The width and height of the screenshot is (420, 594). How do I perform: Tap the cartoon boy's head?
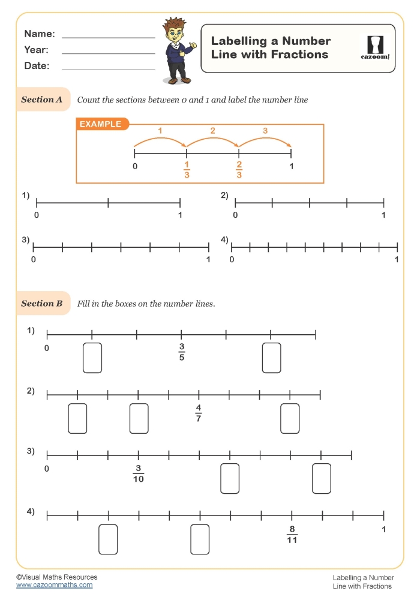pyautogui.click(x=175, y=31)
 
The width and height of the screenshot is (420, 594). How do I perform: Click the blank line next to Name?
pyautogui.click(x=109, y=37)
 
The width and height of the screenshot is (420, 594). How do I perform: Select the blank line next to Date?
pyautogui.click(x=109, y=70)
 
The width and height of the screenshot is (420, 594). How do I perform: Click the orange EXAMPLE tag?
pyautogui.click(x=100, y=124)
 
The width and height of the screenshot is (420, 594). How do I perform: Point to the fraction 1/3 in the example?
pyautogui.click(x=187, y=170)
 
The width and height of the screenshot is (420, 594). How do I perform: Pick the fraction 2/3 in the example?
pyautogui.click(x=239, y=170)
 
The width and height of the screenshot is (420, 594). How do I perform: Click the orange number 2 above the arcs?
pyautogui.click(x=212, y=131)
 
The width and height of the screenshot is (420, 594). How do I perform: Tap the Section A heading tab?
pyautogui.click(x=42, y=100)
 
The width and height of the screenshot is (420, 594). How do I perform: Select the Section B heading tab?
pyautogui.click(x=42, y=304)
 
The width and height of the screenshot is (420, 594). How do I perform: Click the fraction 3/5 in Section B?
pyautogui.click(x=181, y=352)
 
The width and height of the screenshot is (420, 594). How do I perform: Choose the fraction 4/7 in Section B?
pyautogui.click(x=199, y=413)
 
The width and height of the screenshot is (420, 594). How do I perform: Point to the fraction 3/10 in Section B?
pyautogui.click(x=138, y=473)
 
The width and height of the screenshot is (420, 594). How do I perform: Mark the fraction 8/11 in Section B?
pyautogui.click(x=292, y=534)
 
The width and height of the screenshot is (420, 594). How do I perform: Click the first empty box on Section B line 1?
pyautogui.click(x=92, y=358)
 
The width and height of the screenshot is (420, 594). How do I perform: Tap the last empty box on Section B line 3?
pyautogui.click(x=321, y=478)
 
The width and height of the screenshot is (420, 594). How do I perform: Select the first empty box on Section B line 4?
pyautogui.click(x=108, y=539)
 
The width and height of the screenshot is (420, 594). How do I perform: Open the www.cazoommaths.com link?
pyautogui.click(x=55, y=584)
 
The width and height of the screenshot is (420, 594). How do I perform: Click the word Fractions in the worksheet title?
pyautogui.click(x=299, y=55)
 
